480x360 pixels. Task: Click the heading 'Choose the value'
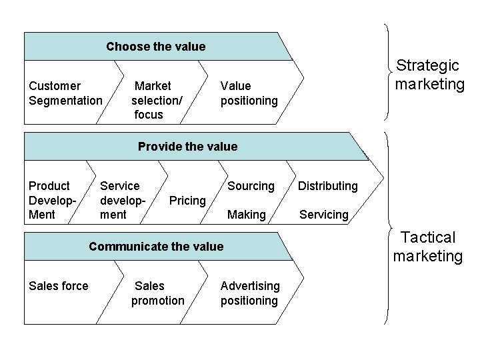[155, 47]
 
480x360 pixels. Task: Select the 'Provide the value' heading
[187, 146]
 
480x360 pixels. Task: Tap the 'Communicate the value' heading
[156, 247]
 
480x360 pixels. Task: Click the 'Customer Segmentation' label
[65, 93]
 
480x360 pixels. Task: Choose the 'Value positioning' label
[249, 93]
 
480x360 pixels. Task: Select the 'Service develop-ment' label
[120, 200]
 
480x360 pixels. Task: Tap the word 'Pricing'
[187, 201]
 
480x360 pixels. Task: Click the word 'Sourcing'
[251, 186]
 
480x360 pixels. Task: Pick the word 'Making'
[247, 215]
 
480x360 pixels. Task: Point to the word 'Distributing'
[327, 186]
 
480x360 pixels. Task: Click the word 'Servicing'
[324, 215]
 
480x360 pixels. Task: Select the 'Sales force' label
[59, 286]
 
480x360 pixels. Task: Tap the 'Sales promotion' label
[157, 293]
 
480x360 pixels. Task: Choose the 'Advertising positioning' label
[250, 293]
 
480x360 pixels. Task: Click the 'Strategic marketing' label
[429, 75]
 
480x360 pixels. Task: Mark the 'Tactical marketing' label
[428, 247]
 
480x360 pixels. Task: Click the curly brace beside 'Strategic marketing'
[389, 72]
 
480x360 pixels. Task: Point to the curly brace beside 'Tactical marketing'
[389, 227]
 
